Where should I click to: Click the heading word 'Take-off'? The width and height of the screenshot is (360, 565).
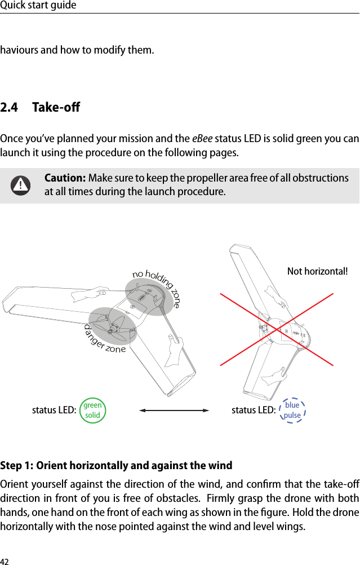click(x=56, y=107)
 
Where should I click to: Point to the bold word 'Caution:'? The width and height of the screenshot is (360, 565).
click(x=65, y=178)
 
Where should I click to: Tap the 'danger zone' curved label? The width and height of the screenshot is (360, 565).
click(x=104, y=341)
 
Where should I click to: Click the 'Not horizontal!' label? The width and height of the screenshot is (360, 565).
click(x=317, y=271)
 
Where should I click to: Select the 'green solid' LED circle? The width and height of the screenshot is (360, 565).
click(x=92, y=410)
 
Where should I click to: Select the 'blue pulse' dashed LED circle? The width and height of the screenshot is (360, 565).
click(x=292, y=410)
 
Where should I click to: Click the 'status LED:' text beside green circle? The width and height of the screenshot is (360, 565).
click(x=54, y=410)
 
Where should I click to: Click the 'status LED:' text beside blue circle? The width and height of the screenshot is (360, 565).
click(x=254, y=410)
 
